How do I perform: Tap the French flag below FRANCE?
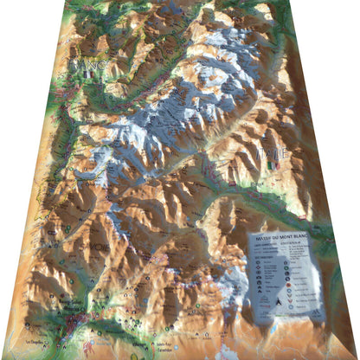pyautogui.click(x=87, y=74)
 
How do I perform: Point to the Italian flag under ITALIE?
pyautogui.click(x=273, y=165)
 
